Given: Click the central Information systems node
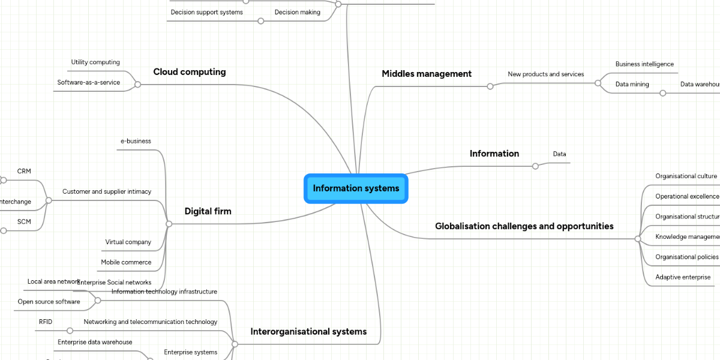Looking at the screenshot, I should point(356,188).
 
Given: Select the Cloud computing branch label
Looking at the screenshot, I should point(190,72).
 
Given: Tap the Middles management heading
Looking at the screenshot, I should point(427,74).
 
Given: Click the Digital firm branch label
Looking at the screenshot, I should point(208,211).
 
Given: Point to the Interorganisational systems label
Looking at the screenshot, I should point(308,331).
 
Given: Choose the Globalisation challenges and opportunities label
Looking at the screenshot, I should point(524,226).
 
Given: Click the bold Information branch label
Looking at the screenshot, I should point(494,154).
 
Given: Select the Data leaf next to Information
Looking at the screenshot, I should point(559,154).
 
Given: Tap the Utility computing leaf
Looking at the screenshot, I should point(95,62).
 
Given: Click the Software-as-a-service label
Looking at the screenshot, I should point(89,83).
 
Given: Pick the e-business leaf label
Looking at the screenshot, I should point(136,142).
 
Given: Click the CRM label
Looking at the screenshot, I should point(24,172).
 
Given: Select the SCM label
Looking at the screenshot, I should point(24,222).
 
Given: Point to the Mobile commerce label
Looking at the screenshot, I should point(126,262).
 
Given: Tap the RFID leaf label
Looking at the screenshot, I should point(46,322).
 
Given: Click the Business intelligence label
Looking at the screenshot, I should point(644,64).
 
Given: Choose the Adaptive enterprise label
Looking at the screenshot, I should point(683,277).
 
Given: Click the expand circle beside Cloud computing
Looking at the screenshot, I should point(137,85).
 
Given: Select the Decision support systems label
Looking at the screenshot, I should point(207,12).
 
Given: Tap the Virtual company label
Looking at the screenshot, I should point(128,242).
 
